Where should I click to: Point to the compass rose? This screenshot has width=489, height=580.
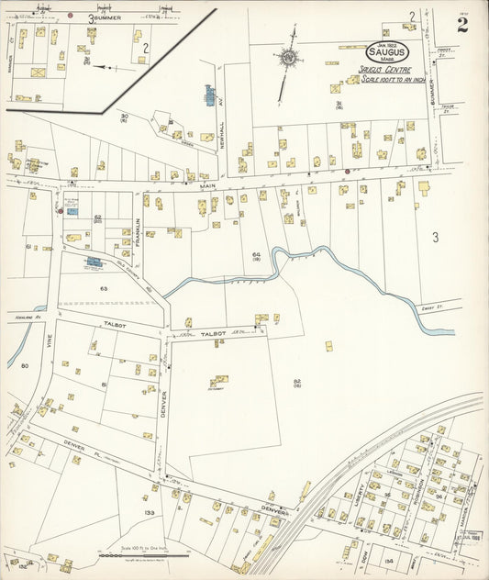tap(289, 58)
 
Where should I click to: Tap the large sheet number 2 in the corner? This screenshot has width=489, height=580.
tap(462, 25)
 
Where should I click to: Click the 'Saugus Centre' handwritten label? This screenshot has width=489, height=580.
tap(383, 70)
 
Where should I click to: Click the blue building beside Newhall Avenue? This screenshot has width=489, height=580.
tap(208, 95)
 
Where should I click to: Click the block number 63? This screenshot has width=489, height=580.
tap(104, 288)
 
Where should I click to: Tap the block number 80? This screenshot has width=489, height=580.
tap(25, 365)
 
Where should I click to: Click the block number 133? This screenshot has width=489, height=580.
tap(149, 512)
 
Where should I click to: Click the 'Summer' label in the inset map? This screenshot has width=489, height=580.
tap(106, 17)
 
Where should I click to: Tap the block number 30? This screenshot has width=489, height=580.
tap(124, 116)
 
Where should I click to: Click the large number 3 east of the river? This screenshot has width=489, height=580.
tap(436, 237)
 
